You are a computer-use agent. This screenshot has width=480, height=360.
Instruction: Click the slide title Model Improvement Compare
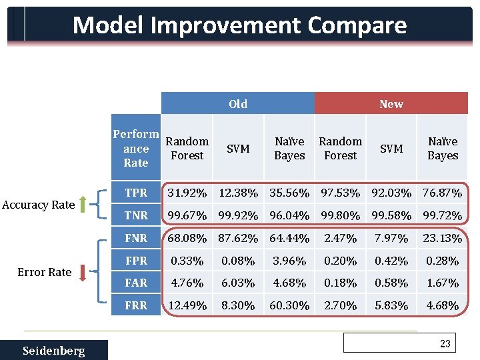pos(239,25)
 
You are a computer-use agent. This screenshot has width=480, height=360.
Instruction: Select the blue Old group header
pos(238,103)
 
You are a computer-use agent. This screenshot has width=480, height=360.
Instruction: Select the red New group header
pos(391,103)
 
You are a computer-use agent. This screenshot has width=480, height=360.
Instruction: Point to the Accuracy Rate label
pos(38,205)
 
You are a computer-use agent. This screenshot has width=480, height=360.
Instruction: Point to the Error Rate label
pos(45,271)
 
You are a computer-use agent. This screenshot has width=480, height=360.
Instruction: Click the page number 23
pos(445,344)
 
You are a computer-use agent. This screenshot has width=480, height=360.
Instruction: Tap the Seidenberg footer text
pos(53,351)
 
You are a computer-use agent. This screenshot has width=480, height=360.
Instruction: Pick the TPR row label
pos(136,193)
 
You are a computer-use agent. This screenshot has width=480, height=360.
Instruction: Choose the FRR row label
pos(136,305)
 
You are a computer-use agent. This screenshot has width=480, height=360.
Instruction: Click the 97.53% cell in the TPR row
pos(340,193)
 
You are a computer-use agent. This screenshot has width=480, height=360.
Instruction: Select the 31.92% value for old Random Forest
pos(187,193)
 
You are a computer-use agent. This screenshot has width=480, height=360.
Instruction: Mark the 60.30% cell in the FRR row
pos(289,305)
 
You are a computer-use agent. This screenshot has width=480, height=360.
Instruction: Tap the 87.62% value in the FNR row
pos(238,238)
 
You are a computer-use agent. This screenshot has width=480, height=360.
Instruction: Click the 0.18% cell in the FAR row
pos(340,283)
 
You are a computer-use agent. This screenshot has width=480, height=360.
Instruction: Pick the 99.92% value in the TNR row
pos(238,215)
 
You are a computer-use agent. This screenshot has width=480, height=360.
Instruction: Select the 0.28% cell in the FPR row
pos(443,261)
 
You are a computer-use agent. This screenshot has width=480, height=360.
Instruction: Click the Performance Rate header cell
pos(136,148)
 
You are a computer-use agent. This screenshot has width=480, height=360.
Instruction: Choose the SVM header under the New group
pos(391,149)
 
